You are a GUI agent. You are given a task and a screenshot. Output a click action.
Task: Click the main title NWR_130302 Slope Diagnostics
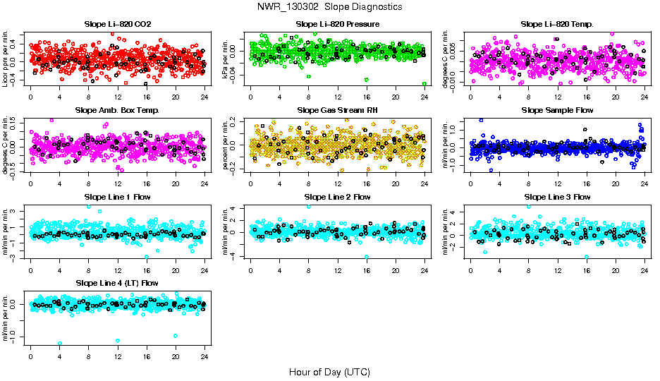(330, 6)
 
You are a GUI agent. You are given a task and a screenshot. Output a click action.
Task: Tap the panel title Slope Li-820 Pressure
(337, 24)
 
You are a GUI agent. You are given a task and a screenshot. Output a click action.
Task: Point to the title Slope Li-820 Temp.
(557, 24)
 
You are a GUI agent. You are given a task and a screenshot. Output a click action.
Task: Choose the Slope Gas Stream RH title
(337, 110)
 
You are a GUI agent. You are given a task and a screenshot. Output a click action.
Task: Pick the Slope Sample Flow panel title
(557, 110)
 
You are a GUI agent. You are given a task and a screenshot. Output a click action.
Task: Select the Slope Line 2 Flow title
(337, 197)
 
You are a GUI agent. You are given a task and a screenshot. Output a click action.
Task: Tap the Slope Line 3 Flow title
(557, 197)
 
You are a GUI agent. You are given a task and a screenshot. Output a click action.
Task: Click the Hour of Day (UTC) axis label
(329, 371)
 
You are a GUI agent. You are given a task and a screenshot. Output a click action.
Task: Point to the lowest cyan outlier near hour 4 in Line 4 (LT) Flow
(60, 344)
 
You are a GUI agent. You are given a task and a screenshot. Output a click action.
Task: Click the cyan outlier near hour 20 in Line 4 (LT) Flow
(176, 336)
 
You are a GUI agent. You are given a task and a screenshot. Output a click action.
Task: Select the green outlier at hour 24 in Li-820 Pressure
(424, 84)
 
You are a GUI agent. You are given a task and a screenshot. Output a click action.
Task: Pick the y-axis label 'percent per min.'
(226, 145)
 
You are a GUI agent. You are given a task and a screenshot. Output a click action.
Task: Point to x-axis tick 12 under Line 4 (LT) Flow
(118, 356)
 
